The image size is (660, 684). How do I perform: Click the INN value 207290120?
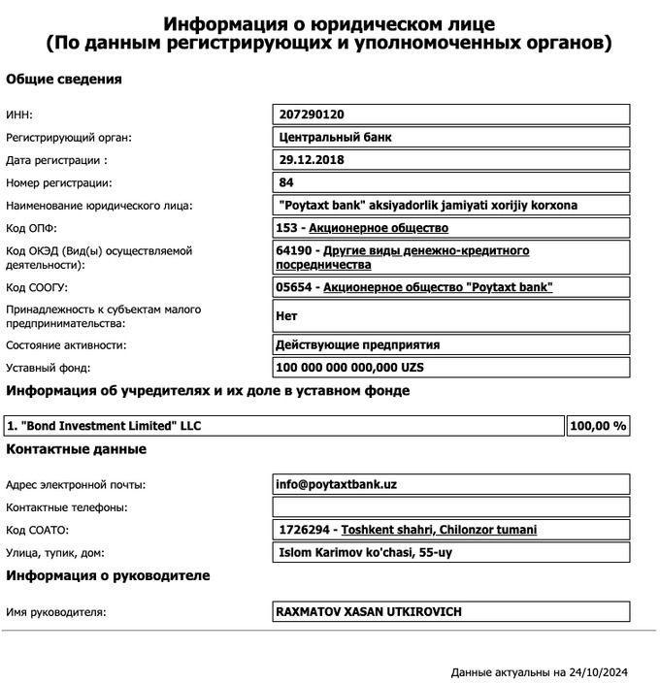312,114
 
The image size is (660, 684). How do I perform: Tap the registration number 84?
286,182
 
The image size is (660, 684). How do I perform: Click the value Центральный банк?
335,138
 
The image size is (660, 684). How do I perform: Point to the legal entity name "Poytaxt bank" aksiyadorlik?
427,206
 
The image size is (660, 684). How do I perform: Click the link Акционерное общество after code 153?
379,228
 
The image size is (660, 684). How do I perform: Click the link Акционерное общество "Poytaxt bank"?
437,287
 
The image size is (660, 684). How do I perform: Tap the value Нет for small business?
286,316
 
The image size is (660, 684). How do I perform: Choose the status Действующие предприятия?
358,344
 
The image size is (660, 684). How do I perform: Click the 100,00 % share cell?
598,426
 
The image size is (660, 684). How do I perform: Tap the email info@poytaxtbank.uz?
337,484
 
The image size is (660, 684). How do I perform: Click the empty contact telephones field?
451,507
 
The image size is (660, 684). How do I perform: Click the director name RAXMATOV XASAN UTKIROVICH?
370,612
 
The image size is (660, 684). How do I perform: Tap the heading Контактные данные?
77,449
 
